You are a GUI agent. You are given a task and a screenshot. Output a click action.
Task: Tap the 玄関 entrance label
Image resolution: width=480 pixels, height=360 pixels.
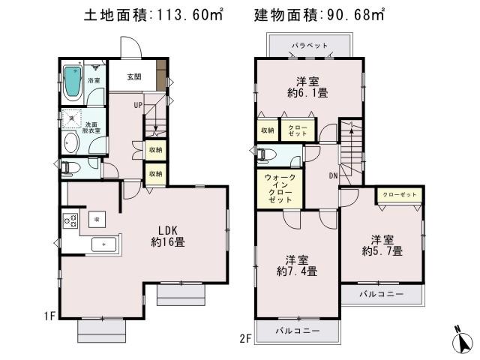coord(133,76)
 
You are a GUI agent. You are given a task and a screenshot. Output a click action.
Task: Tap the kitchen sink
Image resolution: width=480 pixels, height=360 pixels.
coord(103,244)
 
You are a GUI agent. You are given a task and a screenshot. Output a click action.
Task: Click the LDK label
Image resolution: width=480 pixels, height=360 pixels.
coord(167,229)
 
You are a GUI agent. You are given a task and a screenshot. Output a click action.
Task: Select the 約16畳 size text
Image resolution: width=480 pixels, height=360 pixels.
coord(167,242)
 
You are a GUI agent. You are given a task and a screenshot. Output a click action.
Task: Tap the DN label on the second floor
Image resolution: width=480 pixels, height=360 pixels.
coord(332,175)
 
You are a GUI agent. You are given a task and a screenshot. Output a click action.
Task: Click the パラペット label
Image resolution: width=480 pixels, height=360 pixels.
coord(310,46)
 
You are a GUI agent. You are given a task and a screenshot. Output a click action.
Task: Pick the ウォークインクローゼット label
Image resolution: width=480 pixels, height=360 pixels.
coord(280,190)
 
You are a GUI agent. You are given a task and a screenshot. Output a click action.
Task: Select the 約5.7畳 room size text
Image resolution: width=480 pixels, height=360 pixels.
coord(382,251)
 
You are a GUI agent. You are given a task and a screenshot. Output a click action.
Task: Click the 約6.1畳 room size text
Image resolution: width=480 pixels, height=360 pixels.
coord(310,93)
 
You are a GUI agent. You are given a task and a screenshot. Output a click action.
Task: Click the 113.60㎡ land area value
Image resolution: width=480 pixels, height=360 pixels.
coord(184,14)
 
